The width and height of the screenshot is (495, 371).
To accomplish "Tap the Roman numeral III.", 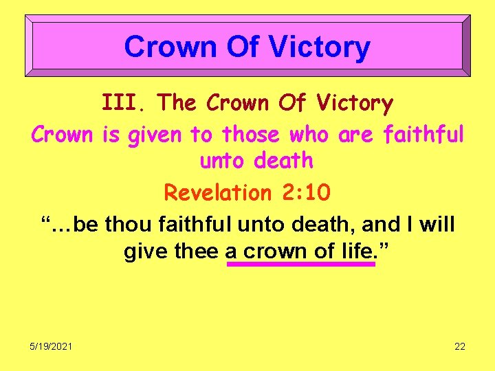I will (124, 103).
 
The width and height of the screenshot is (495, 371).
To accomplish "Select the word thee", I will (197, 251).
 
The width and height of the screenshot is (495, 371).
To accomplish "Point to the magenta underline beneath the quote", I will (301, 264).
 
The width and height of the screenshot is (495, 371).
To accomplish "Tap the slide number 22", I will (460, 346).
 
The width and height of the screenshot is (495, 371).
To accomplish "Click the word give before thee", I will (145, 251).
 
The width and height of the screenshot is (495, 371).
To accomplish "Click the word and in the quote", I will (377, 224).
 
